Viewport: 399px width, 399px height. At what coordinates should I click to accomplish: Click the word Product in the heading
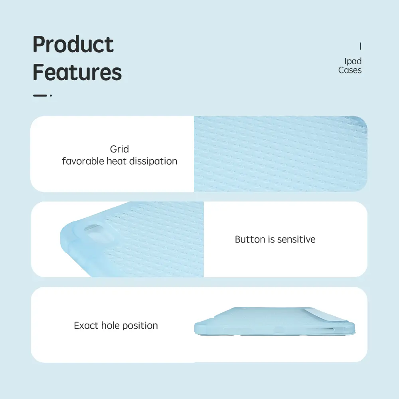pyautogui.click(x=73, y=45)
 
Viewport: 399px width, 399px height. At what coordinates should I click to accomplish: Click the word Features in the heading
pyautogui.click(x=77, y=72)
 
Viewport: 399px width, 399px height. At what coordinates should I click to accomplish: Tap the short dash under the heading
pyautogui.click(x=40, y=95)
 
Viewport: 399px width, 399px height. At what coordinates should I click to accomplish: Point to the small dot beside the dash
pyautogui.click(x=51, y=95)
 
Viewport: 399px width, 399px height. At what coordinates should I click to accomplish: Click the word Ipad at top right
pyautogui.click(x=353, y=61)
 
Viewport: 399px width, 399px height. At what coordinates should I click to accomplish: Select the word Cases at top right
pyautogui.click(x=350, y=70)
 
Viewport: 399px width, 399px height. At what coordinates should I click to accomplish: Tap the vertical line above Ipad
pyautogui.click(x=361, y=46)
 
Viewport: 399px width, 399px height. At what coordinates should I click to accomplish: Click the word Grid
pyautogui.click(x=119, y=149)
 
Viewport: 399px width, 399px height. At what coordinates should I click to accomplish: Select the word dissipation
pyautogui.click(x=153, y=161)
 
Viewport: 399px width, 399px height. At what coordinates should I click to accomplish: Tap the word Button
pyautogui.click(x=250, y=239)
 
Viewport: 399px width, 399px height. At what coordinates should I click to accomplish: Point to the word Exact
pyautogui.click(x=86, y=326)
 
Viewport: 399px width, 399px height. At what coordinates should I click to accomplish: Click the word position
pyautogui.click(x=140, y=326)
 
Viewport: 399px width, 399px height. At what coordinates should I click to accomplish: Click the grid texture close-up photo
pyautogui.click(x=280, y=154)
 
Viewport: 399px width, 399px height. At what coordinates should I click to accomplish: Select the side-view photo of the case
pyautogui.click(x=275, y=321)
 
